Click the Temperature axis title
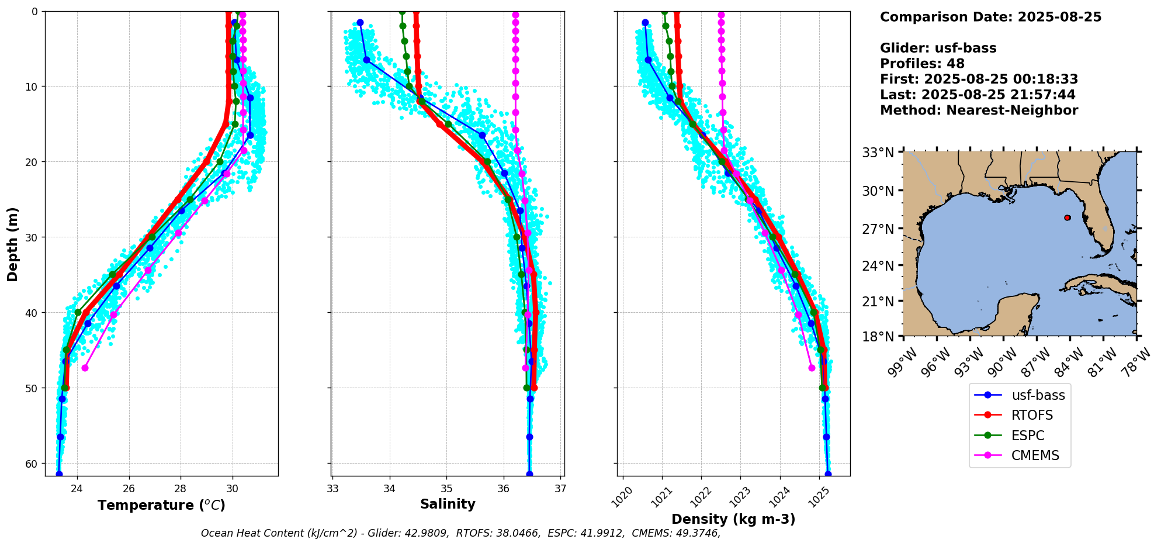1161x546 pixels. click(161, 505)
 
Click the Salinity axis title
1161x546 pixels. click(448, 504)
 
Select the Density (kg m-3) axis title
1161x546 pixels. click(733, 519)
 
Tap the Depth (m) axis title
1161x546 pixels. click(13, 244)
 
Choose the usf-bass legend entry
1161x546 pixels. click(1038, 395)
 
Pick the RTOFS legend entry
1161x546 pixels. click(1032, 416)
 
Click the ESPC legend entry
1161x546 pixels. click(1028, 436)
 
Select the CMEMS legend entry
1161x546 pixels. click(1035, 456)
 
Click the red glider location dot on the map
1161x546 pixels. click(1068, 217)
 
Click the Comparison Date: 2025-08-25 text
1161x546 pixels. click(990, 17)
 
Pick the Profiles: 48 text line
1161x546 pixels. click(922, 64)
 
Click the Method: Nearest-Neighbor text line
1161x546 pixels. click(979, 110)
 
